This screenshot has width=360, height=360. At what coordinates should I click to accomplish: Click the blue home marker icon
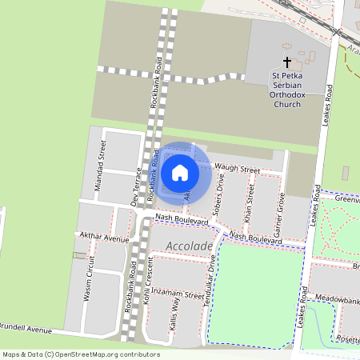point(180,172)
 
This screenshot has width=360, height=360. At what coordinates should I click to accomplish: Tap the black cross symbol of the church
point(287,62)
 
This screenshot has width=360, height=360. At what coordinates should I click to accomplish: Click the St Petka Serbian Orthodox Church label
point(286,88)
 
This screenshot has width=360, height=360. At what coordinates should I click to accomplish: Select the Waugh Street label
point(238,170)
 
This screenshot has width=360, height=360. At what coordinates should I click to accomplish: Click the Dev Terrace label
point(135,186)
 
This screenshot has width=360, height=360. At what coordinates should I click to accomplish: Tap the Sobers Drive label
point(220,191)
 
